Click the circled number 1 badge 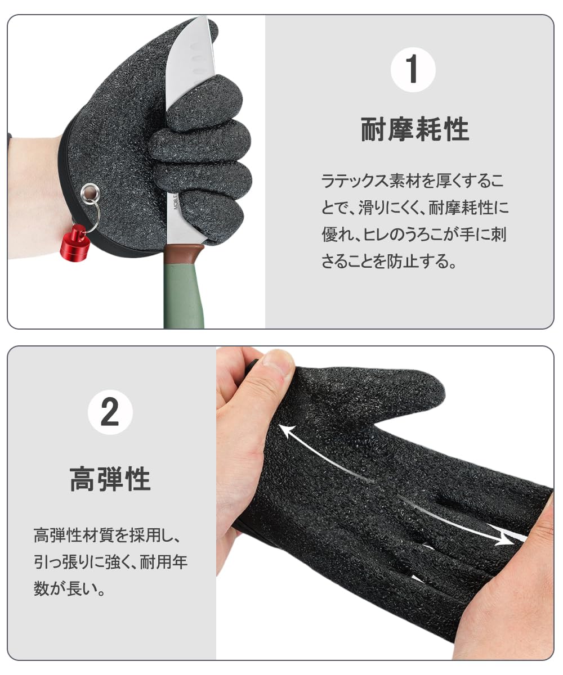pos(413,70)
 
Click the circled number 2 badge pos(110,412)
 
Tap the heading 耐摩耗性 pos(415,129)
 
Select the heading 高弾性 pos(110,479)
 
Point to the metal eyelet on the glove pos(90,193)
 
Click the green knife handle pos(184,291)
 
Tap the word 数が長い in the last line pos(70,588)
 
